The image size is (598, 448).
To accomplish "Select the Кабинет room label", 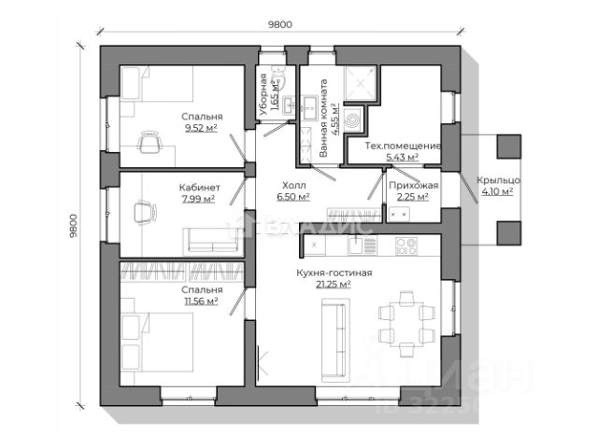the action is pos(199,187).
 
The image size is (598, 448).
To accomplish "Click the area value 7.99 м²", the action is pos(197,198).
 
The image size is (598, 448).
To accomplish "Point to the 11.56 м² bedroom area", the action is pos(201,301).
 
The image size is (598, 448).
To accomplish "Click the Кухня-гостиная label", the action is pos(335,273).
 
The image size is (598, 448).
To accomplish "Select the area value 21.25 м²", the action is pos(334,285).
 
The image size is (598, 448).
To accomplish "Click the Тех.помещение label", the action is pos(402,147).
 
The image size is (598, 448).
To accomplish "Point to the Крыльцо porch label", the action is pos(497,180).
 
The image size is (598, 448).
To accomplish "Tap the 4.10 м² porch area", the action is pos(496,191).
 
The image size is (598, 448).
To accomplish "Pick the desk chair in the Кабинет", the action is pos(143,212).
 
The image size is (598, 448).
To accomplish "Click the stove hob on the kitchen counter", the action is pos(406,245).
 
